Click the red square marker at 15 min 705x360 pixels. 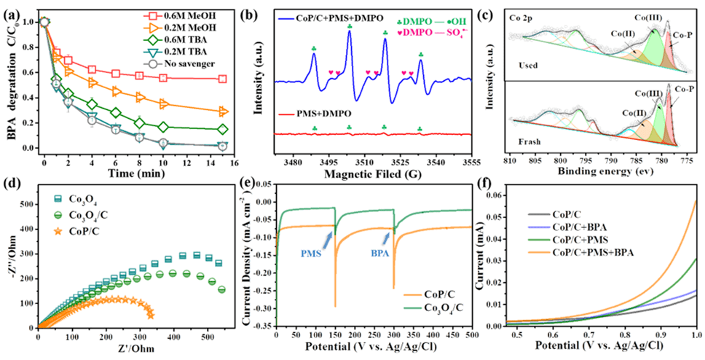coord(222,79)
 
